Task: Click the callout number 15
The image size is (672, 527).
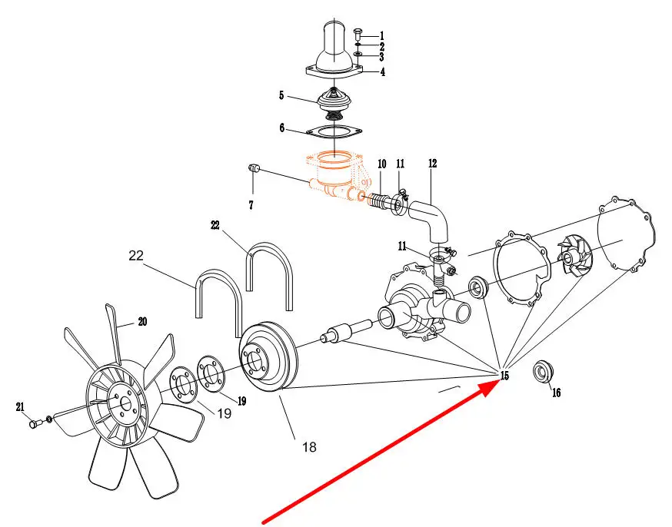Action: click(x=504, y=376)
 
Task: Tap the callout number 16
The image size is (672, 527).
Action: click(x=556, y=393)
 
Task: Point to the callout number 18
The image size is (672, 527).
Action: click(x=308, y=447)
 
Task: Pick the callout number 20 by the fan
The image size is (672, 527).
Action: click(x=142, y=323)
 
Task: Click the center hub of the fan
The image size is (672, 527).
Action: click(x=118, y=402)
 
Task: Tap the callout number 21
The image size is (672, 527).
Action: click(x=21, y=406)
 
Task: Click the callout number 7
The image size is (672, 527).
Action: click(x=251, y=206)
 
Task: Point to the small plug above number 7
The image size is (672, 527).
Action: click(x=257, y=167)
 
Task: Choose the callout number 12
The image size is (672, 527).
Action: click(x=432, y=164)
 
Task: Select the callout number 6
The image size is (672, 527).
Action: click(x=282, y=128)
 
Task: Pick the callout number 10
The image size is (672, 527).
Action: click(x=381, y=164)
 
